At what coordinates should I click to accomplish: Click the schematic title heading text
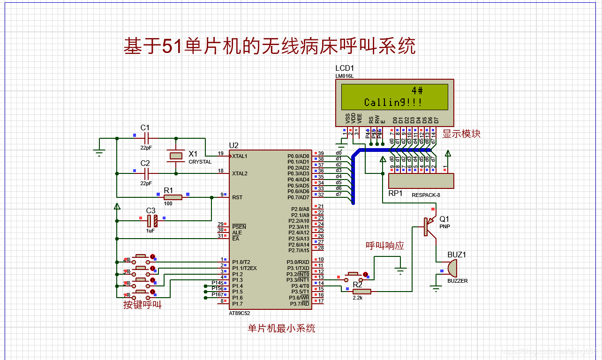coord(269,46)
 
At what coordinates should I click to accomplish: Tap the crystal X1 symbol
coord(176,156)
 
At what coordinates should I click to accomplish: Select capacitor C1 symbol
coord(146,138)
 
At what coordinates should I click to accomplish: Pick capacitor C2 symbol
coord(146,173)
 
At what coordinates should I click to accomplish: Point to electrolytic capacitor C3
coord(151,221)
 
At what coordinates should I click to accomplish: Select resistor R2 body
coord(361,292)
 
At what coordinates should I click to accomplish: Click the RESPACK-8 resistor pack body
coord(421,180)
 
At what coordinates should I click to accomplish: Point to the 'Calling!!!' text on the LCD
coord(393,102)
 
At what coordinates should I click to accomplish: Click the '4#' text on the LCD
coord(417,90)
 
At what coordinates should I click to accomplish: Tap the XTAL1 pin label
coord(240,156)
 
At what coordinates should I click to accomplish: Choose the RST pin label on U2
coord(237,197)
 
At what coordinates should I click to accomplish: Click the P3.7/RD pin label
coord(299,304)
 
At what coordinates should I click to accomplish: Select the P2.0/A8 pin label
coord(299,209)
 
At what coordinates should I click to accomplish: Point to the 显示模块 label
coord(461,134)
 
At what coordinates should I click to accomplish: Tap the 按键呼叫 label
coord(142,305)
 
